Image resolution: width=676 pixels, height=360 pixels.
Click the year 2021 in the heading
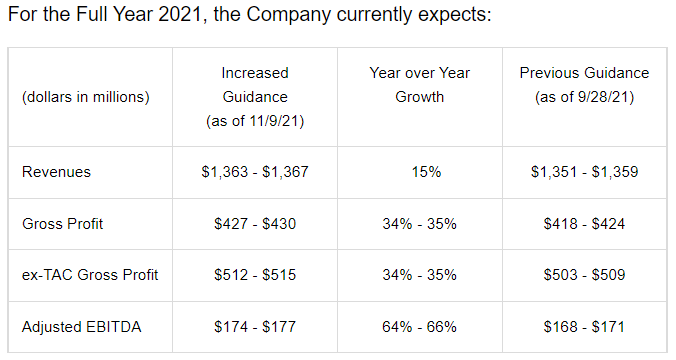point(180,14)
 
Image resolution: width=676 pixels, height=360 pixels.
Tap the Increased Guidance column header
point(255,97)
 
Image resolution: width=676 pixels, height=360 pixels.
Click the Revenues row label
point(56,172)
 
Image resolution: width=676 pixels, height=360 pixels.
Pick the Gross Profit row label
point(63,224)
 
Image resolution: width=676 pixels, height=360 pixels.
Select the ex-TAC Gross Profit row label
point(90,275)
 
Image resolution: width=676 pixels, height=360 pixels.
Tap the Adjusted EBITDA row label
point(81,327)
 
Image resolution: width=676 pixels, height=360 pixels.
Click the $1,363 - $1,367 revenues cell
point(255,172)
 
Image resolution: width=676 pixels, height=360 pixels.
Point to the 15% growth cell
point(426,172)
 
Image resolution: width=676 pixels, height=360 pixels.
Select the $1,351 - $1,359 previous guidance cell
point(584,172)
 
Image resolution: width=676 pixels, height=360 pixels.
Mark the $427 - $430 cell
point(255,224)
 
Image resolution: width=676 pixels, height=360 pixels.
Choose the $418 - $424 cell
point(584,224)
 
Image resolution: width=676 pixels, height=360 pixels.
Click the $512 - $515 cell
point(255,275)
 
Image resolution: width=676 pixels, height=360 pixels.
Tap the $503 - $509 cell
point(584,275)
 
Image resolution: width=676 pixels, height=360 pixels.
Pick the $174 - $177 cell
point(255,327)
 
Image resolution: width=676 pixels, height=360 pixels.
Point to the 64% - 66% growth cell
point(419,327)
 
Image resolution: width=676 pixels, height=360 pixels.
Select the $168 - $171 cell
point(584,327)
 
